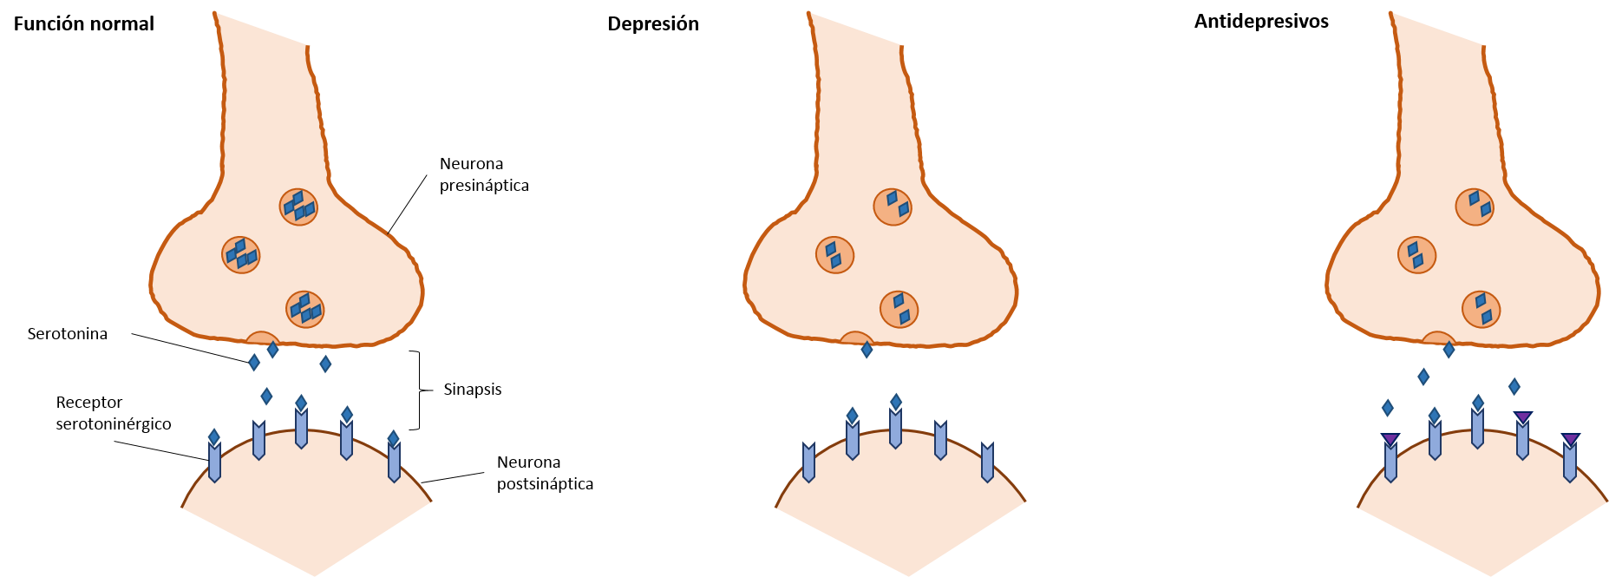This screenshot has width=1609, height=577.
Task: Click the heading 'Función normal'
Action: [x=84, y=24]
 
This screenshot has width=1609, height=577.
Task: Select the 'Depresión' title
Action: [x=653, y=24]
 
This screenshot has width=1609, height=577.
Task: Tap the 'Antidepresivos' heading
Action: [x=1261, y=22]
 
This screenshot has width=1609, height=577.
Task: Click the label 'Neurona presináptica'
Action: [x=484, y=174]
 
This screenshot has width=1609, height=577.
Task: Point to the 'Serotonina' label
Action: [x=68, y=334]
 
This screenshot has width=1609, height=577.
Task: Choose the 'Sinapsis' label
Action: [x=473, y=390]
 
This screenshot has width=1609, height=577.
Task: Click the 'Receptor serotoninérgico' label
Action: [x=114, y=413]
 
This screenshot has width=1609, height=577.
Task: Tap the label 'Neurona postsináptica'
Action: [x=545, y=473]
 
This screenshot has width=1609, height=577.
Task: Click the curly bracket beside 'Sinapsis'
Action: [x=421, y=390]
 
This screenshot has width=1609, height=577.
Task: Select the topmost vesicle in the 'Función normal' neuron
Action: [x=298, y=207]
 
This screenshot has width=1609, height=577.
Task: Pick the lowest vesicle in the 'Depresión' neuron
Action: [x=899, y=310]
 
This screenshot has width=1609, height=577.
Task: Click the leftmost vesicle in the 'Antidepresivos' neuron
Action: [x=1416, y=255]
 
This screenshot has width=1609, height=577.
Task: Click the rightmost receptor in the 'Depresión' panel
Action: [x=987, y=462]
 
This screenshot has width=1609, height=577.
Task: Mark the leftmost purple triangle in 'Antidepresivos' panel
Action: [x=1390, y=439]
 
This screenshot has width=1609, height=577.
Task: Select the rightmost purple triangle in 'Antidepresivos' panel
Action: [x=1571, y=439]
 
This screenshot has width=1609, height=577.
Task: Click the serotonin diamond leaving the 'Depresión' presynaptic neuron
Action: [x=867, y=350]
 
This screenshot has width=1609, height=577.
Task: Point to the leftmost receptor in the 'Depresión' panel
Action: [x=809, y=462]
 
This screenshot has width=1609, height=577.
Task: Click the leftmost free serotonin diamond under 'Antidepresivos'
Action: [x=1388, y=408]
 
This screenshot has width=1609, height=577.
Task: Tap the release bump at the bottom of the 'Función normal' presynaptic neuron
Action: [x=262, y=339]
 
